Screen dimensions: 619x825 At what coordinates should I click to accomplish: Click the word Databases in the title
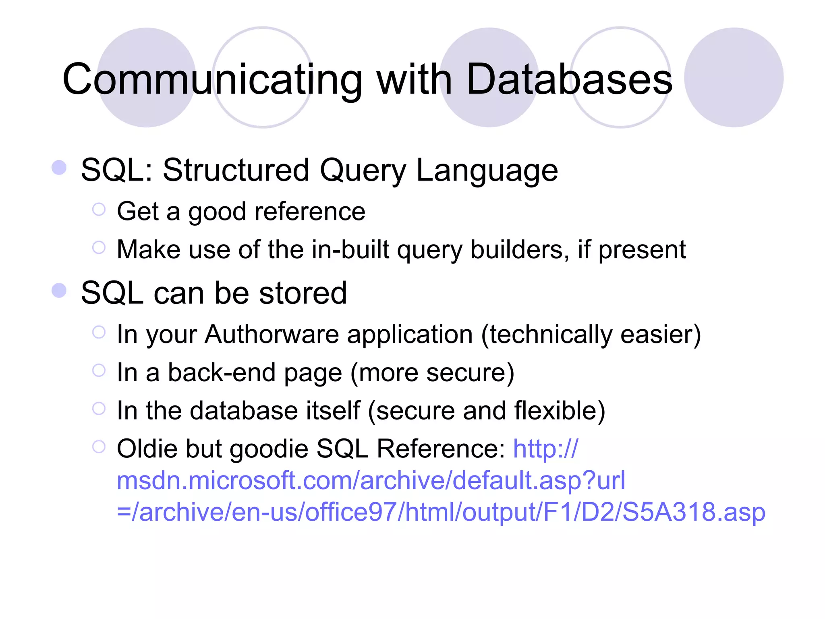569,80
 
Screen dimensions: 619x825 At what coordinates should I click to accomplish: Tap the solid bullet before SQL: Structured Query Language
59,168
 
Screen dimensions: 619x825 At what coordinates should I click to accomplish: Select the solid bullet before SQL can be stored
59,290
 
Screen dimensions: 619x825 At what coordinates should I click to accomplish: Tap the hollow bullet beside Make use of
99,247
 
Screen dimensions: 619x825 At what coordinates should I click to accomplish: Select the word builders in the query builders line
520,250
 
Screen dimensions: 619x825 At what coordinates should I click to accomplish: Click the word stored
303,293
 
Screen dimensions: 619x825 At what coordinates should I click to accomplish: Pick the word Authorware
272,334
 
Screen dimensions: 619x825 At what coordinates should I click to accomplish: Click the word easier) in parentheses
661,334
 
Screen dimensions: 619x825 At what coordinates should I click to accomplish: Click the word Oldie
147,449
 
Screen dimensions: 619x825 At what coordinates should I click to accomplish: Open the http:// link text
545,449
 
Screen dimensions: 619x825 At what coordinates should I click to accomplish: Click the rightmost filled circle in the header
734,77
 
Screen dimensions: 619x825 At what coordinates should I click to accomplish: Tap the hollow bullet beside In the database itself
99,408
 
